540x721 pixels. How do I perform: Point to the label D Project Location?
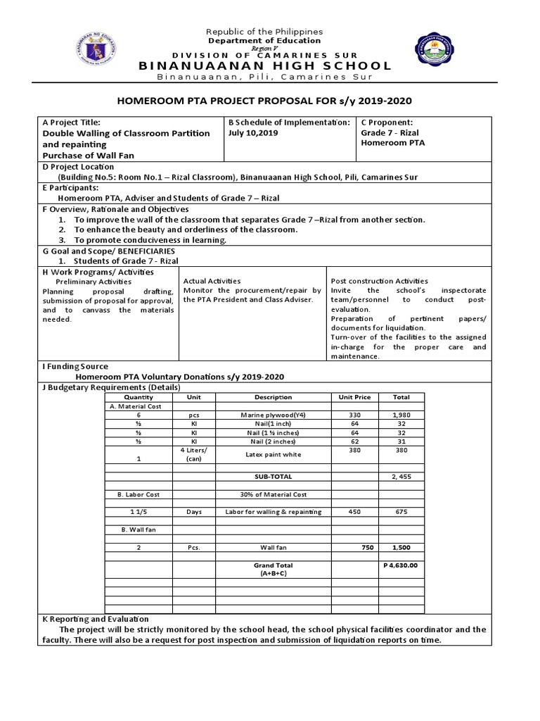(x=79, y=167)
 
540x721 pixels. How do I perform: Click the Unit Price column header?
(x=355, y=397)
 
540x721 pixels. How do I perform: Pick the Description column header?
(x=273, y=397)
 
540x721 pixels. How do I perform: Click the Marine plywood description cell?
(x=273, y=415)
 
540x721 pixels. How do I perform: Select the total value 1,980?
(x=401, y=415)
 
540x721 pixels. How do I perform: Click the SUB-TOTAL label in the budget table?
(x=273, y=477)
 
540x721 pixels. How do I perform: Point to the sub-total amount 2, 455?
(x=401, y=477)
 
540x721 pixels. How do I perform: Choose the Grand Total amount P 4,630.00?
(x=401, y=565)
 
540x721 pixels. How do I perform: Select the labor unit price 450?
(x=355, y=512)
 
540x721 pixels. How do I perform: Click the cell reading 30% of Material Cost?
(x=273, y=494)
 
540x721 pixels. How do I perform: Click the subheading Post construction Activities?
(x=379, y=281)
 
